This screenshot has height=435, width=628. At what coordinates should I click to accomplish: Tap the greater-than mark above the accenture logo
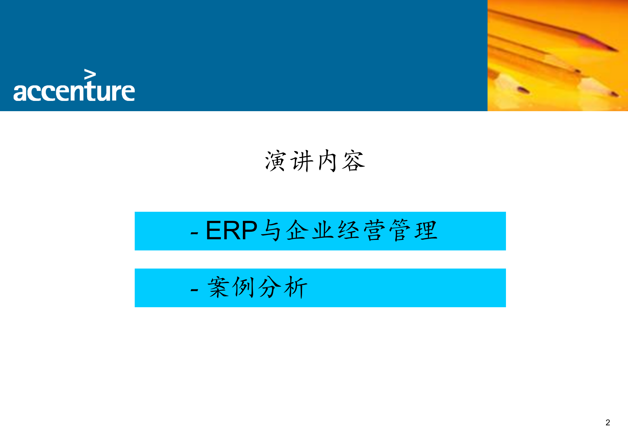click(90, 74)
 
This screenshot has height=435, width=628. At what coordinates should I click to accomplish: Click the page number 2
click(608, 422)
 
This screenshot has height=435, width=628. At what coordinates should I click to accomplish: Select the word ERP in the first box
click(231, 231)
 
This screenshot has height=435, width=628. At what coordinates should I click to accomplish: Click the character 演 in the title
click(275, 161)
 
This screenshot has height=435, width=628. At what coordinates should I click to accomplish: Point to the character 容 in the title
click(353, 161)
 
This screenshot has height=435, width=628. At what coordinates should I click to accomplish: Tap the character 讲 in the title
click(301, 161)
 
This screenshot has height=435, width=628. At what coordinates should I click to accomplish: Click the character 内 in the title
click(327, 161)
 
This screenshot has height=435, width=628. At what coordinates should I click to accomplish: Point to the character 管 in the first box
click(400, 230)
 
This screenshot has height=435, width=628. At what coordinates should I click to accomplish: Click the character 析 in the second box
click(296, 287)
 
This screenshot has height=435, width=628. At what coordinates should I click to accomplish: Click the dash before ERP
click(194, 233)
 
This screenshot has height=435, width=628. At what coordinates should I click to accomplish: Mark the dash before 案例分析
click(194, 290)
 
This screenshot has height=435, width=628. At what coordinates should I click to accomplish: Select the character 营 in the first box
click(374, 230)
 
